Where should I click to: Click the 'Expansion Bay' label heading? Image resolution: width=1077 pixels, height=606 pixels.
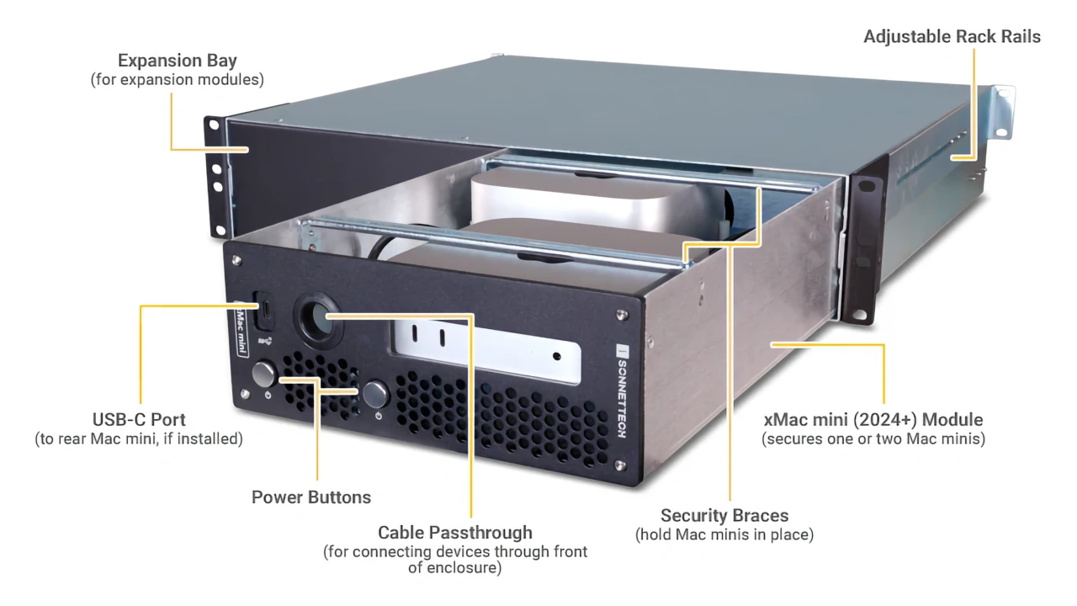point(177,61)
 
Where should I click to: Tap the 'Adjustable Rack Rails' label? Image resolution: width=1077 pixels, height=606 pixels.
point(952,37)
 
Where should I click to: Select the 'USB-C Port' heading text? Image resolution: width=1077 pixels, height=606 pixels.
point(139,419)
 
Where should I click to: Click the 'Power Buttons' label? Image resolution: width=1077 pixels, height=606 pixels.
point(311,497)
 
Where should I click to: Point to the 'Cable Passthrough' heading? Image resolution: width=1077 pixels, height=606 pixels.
point(455,532)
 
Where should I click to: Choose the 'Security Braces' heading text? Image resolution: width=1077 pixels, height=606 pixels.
point(724,515)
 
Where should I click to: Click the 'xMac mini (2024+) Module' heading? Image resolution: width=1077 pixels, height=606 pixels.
point(873,419)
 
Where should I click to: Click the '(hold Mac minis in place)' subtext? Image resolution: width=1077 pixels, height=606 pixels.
point(724,534)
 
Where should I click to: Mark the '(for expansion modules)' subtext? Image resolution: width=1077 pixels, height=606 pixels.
point(177,81)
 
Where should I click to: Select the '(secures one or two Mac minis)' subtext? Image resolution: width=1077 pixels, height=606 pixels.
point(873,439)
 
